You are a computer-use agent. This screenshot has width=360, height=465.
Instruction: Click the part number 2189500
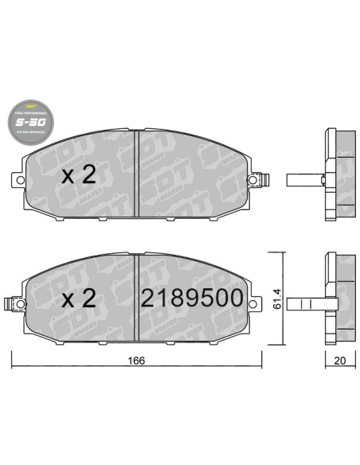tap(191, 299)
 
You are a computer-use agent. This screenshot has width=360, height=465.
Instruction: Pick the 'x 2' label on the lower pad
tap(79, 299)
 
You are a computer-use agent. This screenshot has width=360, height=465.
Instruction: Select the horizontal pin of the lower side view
tap(303, 303)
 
